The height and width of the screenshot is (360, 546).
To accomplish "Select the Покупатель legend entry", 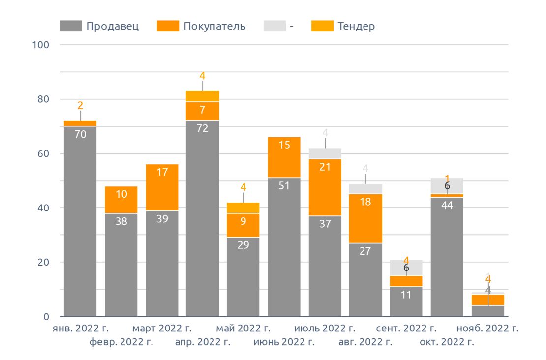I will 202,26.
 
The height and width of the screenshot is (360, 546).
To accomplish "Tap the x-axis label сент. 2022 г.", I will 406,328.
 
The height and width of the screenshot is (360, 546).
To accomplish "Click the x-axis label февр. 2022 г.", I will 121,342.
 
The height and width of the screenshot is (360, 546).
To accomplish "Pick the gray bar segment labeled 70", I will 80,221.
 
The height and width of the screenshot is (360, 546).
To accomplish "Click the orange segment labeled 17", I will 162,187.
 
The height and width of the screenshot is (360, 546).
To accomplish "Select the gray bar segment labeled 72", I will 202,218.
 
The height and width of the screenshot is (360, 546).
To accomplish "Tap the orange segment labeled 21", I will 325,187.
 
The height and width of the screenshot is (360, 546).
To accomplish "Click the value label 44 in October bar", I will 447,205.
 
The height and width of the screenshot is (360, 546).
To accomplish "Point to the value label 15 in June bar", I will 284,145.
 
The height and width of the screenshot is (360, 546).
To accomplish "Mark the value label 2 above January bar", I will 80,105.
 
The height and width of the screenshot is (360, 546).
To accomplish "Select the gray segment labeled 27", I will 365,279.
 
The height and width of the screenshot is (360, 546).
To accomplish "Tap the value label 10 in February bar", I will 121,194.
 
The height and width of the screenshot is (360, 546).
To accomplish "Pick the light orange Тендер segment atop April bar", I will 202,96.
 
